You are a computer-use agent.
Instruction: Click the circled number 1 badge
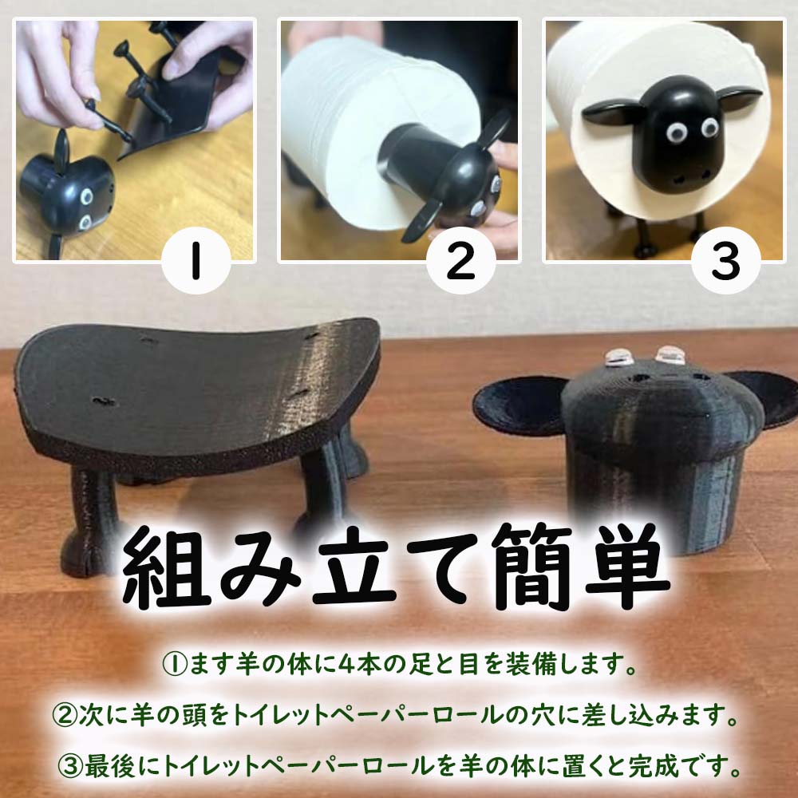click(x=196, y=260)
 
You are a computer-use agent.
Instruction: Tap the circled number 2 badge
click(x=461, y=260)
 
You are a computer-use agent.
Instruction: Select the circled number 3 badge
click(x=726, y=260)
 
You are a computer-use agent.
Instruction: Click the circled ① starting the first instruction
click(x=175, y=664)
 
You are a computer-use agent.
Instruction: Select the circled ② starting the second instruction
click(x=65, y=715)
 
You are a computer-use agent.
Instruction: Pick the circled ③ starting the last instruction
click(x=70, y=767)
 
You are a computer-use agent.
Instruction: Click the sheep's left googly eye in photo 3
click(x=677, y=132)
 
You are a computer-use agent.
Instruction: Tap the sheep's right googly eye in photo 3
click(x=709, y=127)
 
